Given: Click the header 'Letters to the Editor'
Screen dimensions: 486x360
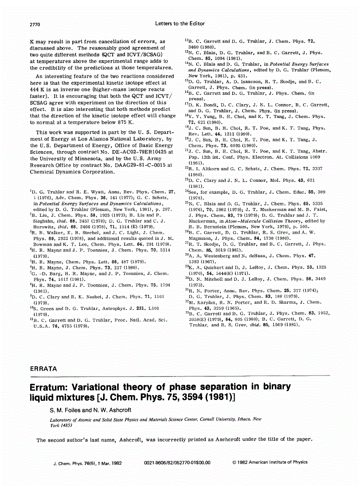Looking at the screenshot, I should pos(180,24).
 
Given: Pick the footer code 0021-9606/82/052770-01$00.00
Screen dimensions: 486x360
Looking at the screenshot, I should pos(177,462).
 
